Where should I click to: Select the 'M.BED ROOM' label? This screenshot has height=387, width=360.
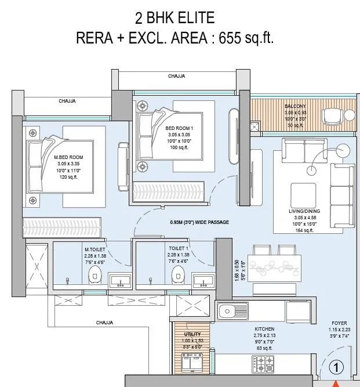click(x=68, y=157)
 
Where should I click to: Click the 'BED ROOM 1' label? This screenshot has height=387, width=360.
click(x=179, y=128)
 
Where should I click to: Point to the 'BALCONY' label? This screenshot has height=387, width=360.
click(x=295, y=107)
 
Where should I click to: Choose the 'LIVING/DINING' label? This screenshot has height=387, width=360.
click(x=304, y=212)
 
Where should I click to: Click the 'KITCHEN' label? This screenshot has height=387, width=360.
click(x=264, y=329)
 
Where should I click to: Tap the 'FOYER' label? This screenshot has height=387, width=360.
click(x=339, y=324)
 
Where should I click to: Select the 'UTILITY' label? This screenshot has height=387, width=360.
click(x=192, y=334)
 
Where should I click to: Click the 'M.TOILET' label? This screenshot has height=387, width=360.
click(x=95, y=249)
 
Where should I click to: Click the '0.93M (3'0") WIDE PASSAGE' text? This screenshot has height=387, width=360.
click(x=199, y=222)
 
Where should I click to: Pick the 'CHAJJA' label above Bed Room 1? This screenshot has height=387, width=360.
click(x=176, y=76)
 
